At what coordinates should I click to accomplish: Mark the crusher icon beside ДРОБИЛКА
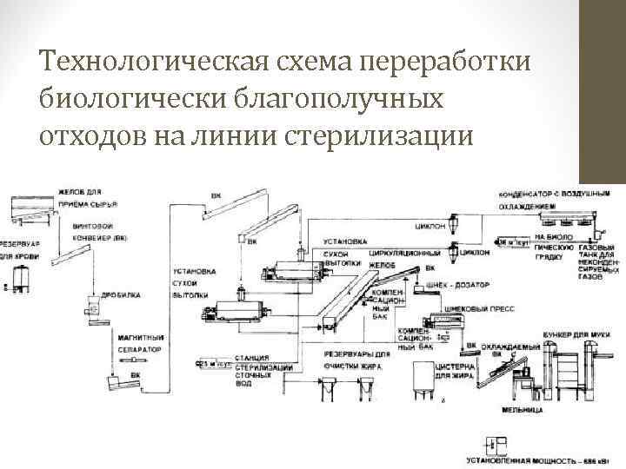click(90, 305)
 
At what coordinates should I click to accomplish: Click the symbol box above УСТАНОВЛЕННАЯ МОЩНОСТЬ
click(496, 440)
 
